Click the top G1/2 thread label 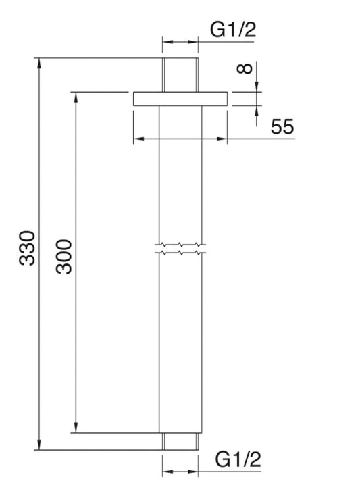(x=234, y=29)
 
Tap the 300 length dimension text (x=64, y=255)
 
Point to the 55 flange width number (x=282, y=126)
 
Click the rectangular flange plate (x=180, y=99)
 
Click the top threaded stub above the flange (x=180, y=75)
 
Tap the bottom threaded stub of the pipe (x=180, y=441)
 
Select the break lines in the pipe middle (x=180, y=249)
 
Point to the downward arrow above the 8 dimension (x=257, y=85)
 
